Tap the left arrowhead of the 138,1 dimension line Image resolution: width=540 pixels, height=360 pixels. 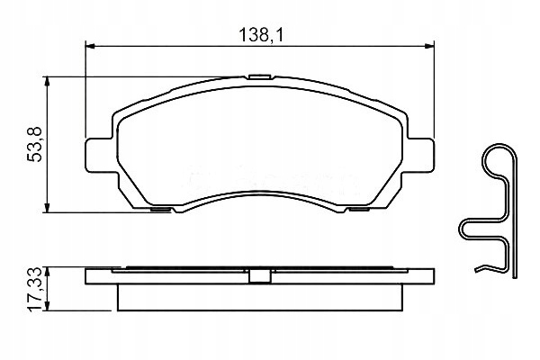click(x=90, y=47)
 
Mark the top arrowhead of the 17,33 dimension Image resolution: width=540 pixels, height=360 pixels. click(x=49, y=271)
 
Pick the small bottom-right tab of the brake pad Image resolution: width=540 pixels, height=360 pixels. click(x=356, y=211)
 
